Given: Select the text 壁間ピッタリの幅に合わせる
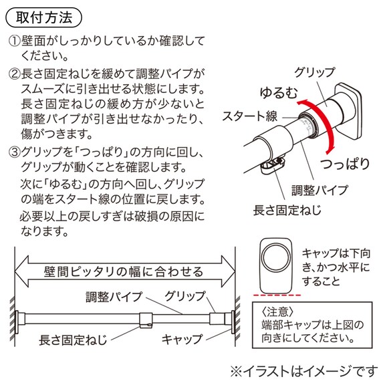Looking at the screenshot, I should click(x=124, y=272).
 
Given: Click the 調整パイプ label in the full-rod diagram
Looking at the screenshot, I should click(x=112, y=295).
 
